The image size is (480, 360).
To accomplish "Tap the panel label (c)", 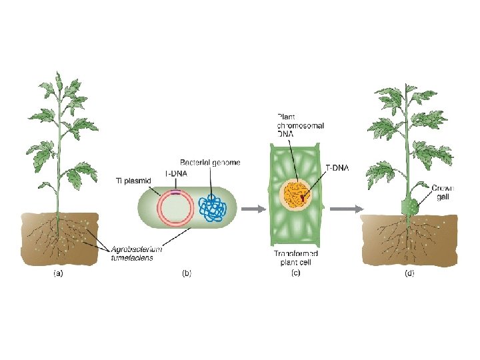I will point(296,273).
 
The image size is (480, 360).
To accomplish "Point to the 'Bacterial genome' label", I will point(210,162).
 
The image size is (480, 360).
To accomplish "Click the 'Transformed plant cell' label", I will point(296,257).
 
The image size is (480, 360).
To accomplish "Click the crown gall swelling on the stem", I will point(409,206).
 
